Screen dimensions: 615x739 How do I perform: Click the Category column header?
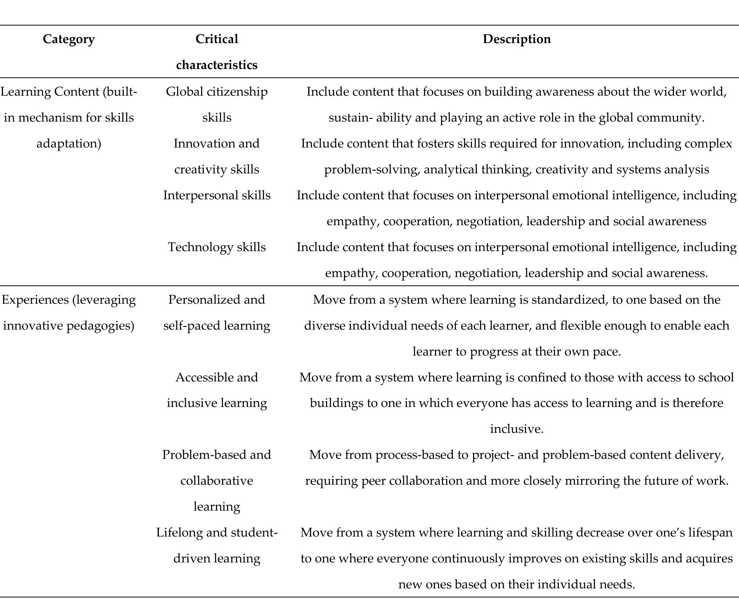[x=69, y=39]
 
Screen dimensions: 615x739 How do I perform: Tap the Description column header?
[x=517, y=39]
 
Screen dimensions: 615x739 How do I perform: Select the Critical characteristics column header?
[x=216, y=52]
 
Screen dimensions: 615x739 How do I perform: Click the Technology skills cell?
[x=216, y=247]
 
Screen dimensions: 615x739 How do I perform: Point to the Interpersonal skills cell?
[x=216, y=195]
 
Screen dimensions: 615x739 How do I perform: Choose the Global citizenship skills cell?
[x=216, y=104]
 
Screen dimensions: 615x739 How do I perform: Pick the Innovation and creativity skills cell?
[x=216, y=156]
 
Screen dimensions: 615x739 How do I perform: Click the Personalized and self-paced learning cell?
[x=216, y=312]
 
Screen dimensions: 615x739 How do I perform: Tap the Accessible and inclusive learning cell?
[x=216, y=390]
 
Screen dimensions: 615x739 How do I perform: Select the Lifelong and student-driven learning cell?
[x=216, y=545]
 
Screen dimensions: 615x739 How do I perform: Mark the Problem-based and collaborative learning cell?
[x=216, y=480]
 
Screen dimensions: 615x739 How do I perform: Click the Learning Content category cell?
[x=69, y=117]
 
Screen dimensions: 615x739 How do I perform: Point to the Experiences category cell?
[x=69, y=312]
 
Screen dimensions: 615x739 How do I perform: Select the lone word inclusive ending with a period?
[x=517, y=429]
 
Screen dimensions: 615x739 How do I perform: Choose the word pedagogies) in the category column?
[x=100, y=326]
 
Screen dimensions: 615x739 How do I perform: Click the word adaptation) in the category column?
[x=69, y=143]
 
